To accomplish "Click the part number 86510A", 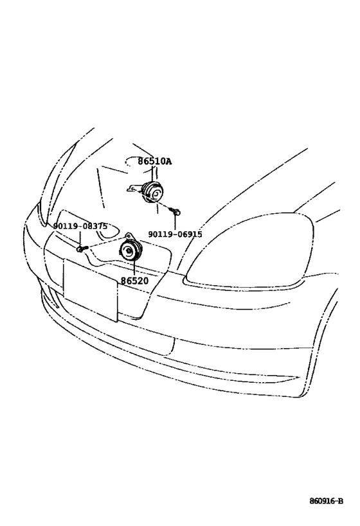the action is [x=154, y=161].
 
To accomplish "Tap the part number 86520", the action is [x=134, y=281].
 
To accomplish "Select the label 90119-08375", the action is [x=80, y=227].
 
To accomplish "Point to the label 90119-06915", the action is [x=175, y=234].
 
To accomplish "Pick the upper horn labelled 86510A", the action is [x=152, y=192].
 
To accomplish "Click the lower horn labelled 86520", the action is [x=131, y=250].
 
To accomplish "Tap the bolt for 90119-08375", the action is [x=82, y=249].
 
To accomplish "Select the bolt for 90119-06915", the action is [x=175, y=211].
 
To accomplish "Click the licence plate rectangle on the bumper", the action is [x=91, y=290].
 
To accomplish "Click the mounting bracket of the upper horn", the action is [x=134, y=189].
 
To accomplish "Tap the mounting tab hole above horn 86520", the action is [x=129, y=235].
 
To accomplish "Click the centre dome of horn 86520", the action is [x=129, y=250].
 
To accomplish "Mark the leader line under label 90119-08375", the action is [x=80, y=238].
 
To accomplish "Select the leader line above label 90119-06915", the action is [x=175, y=222].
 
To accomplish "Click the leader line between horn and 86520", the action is [x=134, y=268].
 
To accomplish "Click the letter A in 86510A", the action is [x=168, y=161].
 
